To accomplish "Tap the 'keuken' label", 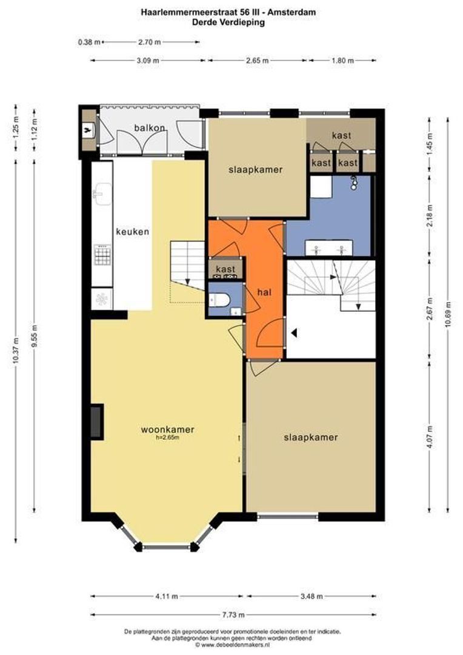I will pos(133,231).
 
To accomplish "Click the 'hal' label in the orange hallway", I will pos(264,292).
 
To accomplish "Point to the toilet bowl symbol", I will pos(220,300).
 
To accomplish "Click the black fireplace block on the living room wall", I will pos(96,421).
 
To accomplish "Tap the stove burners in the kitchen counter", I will pos(102,255).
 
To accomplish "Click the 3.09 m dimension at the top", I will pos(147,61).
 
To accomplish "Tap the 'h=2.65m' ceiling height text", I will pos(168,437).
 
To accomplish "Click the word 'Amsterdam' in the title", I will pos(296,12).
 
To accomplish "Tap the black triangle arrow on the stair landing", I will pos(294,332).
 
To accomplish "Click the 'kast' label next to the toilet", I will pos(225,269).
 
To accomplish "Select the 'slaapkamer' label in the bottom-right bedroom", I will pos(310,437).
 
